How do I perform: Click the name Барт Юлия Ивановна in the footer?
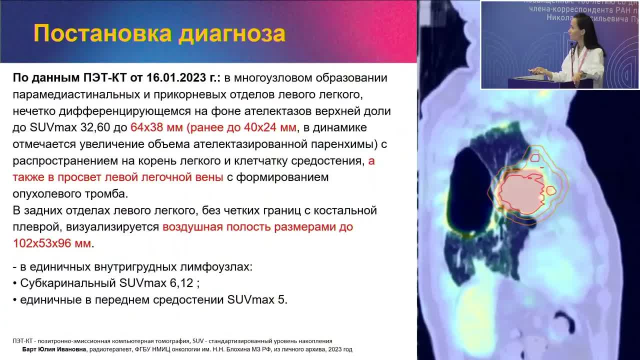point(54,349)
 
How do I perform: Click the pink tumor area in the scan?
point(520,192)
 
